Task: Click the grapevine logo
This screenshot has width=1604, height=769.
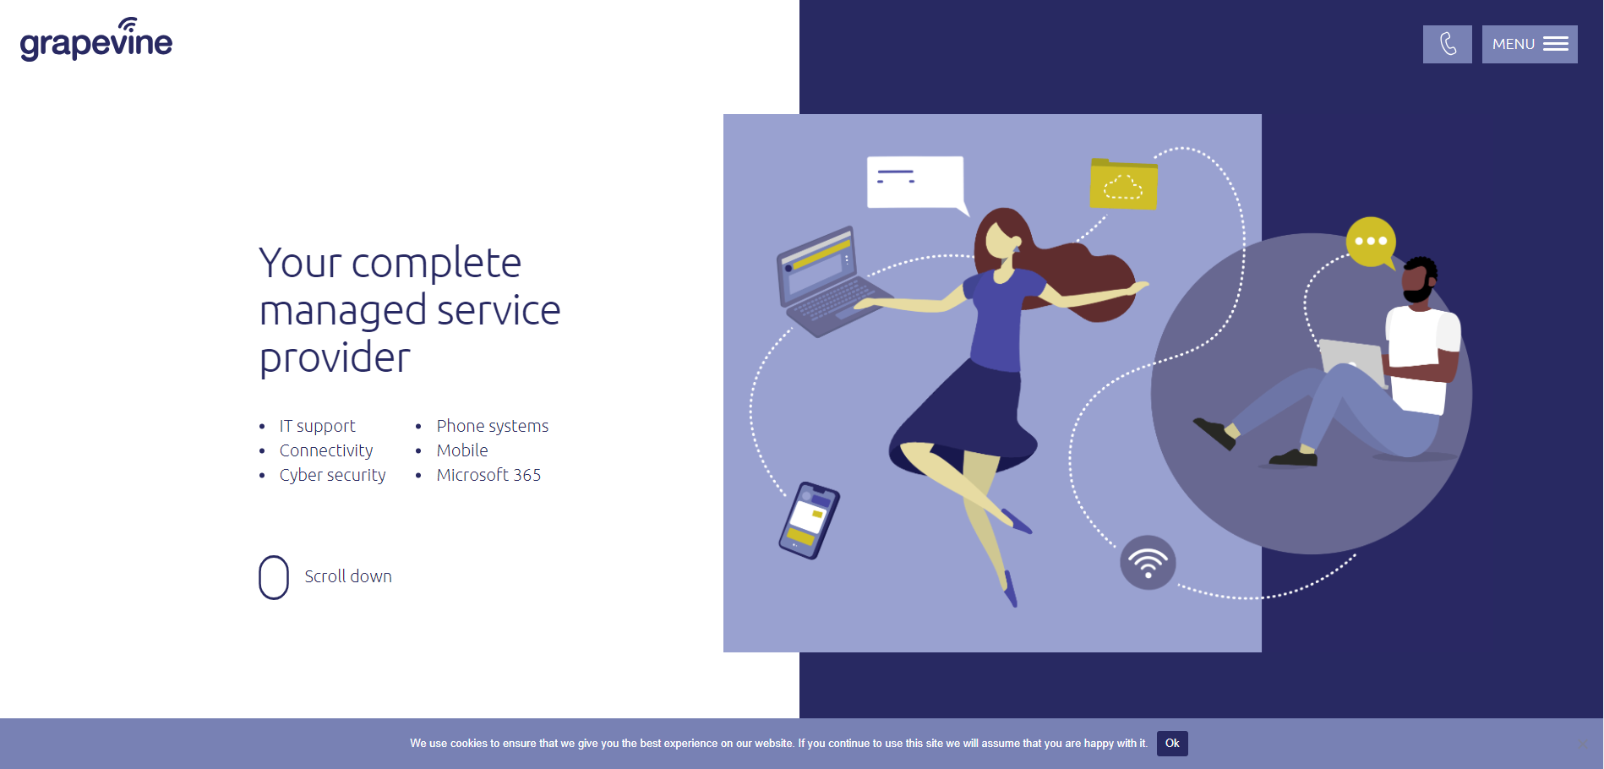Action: coord(95,40)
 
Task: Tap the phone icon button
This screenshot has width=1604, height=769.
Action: coord(1447,44)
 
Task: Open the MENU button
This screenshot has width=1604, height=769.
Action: coord(1529,44)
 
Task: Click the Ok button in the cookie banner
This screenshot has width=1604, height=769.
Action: coord(1171,744)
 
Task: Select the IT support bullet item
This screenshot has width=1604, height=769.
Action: coord(317,426)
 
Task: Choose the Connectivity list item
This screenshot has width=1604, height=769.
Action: coord(325,450)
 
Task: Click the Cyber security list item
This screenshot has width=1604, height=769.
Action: coord(332,475)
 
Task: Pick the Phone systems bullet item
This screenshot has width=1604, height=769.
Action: coord(492,426)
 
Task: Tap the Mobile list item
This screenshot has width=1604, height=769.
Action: coord(462,450)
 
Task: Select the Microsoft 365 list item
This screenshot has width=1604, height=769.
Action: coord(488,475)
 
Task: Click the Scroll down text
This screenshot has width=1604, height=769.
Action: coord(347,576)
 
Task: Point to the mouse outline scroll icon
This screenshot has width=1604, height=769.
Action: coord(274,577)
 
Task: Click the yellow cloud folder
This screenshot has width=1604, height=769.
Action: coord(1123,184)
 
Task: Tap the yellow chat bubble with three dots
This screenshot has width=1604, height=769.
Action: coord(1370,242)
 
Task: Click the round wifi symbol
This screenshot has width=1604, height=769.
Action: coord(1148,563)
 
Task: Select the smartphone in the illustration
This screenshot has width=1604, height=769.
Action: coord(809,521)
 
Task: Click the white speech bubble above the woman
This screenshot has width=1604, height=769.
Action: coord(915,181)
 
